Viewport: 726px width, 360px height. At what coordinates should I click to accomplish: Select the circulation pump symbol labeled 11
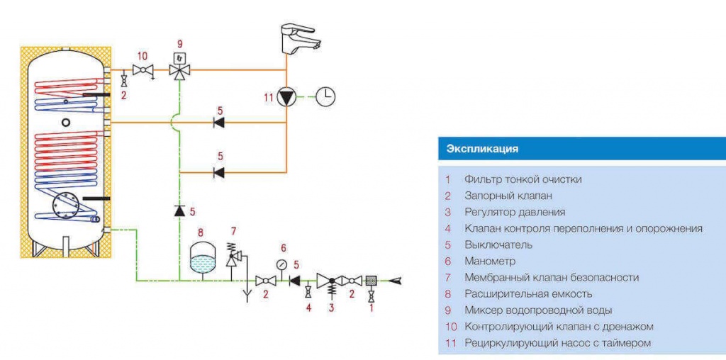pyautogui.click(x=286, y=96)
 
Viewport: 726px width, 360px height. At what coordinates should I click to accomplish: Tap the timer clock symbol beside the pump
pyautogui.click(x=325, y=96)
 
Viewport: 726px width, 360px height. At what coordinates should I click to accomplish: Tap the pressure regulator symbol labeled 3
pyautogui.click(x=332, y=281)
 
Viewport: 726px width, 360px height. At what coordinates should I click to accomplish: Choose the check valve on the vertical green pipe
pyautogui.click(x=180, y=210)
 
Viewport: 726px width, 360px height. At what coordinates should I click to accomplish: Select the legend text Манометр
pyautogui.click(x=490, y=261)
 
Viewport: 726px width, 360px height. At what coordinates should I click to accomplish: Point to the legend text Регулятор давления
pyautogui.click(x=515, y=212)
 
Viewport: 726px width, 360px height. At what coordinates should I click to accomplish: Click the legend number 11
pyautogui.click(x=449, y=343)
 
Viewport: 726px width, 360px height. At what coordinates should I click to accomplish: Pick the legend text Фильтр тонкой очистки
pyautogui.click(x=523, y=179)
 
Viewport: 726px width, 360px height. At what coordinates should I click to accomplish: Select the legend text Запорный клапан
pyautogui.click(x=508, y=196)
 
